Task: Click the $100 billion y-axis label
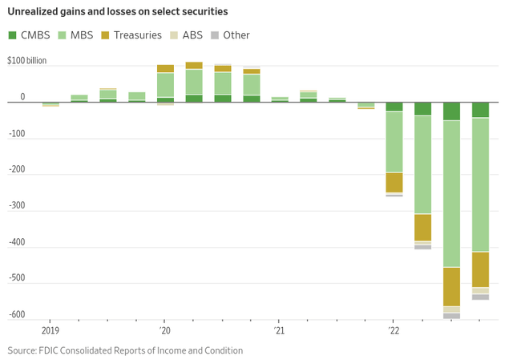coord(26,61)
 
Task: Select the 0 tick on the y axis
coord(22,97)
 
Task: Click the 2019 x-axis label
coord(50,330)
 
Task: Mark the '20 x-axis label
coord(164,330)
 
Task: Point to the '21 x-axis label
coord(279,330)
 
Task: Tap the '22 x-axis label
coord(393,330)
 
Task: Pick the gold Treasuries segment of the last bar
coord(480,269)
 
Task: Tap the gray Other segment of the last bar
coord(480,297)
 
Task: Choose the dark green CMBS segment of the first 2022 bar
coord(394,107)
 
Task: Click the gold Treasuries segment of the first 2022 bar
coord(394,182)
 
